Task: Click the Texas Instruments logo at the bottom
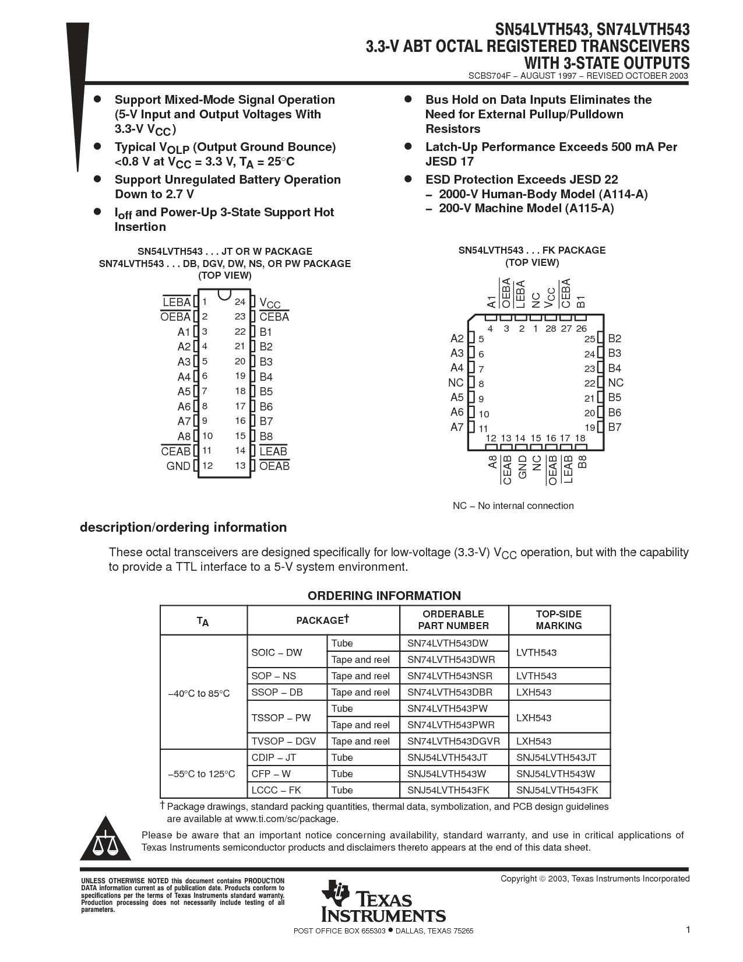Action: point(383,901)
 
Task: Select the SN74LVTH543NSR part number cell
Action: point(450,676)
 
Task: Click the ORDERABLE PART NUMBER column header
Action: point(453,620)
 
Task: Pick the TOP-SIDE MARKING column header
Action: point(559,620)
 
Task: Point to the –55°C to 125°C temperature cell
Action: point(202,774)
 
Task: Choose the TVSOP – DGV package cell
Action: point(284,741)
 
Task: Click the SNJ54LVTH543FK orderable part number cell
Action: point(448,790)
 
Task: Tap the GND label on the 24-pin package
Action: point(178,466)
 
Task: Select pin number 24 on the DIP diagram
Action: point(240,301)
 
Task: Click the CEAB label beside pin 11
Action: point(176,451)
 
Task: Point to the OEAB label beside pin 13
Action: point(274,466)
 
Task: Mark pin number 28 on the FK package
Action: point(551,329)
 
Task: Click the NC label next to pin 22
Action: point(615,382)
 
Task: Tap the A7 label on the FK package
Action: point(457,427)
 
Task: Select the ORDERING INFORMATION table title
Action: point(384,595)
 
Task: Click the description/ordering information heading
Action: point(183,527)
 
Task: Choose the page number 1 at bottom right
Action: point(688,929)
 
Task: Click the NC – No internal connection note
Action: point(513,505)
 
